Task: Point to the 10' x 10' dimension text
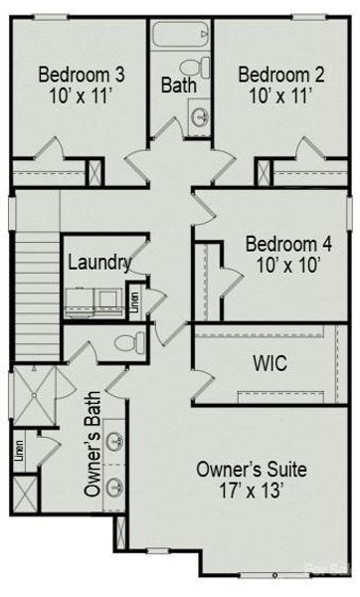coord(288,267)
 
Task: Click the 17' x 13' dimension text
coord(251,491)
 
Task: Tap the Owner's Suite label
coord(251,469)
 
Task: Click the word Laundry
coord(98,263)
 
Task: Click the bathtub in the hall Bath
coord(178,38)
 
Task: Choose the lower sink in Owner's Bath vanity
coord(115,487)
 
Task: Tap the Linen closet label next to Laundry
coord(133,301)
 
